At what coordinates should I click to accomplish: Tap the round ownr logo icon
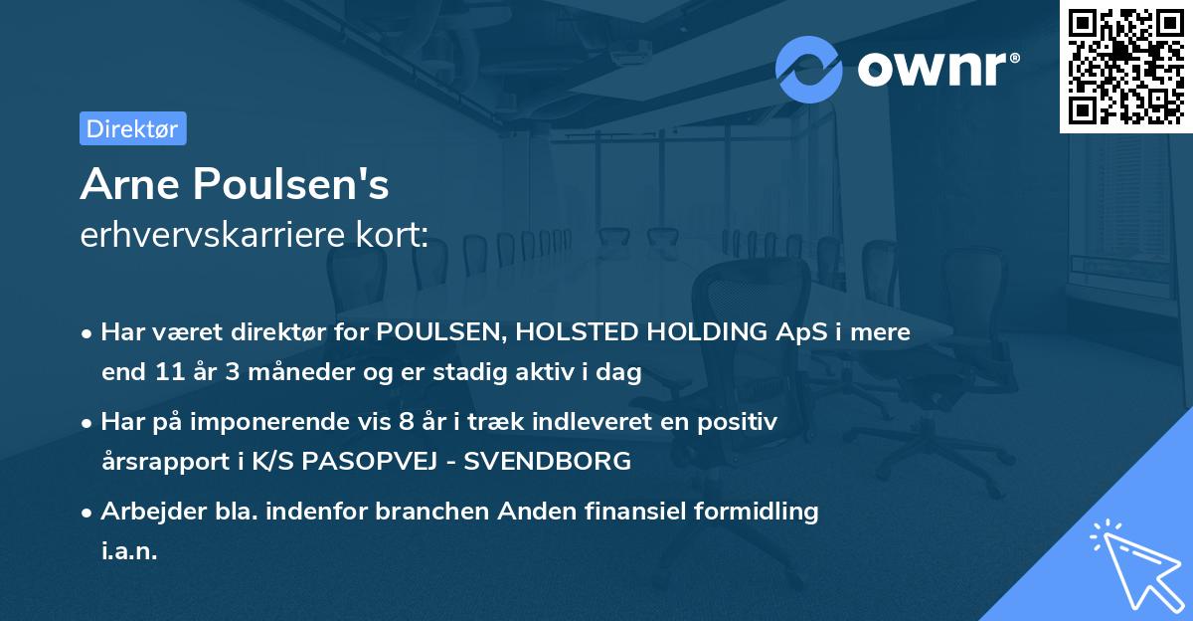click(809, 69)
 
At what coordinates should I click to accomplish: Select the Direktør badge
click(132, 128)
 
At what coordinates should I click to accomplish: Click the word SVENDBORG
click(561, 462)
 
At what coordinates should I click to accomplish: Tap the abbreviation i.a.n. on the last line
click(129, 551)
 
